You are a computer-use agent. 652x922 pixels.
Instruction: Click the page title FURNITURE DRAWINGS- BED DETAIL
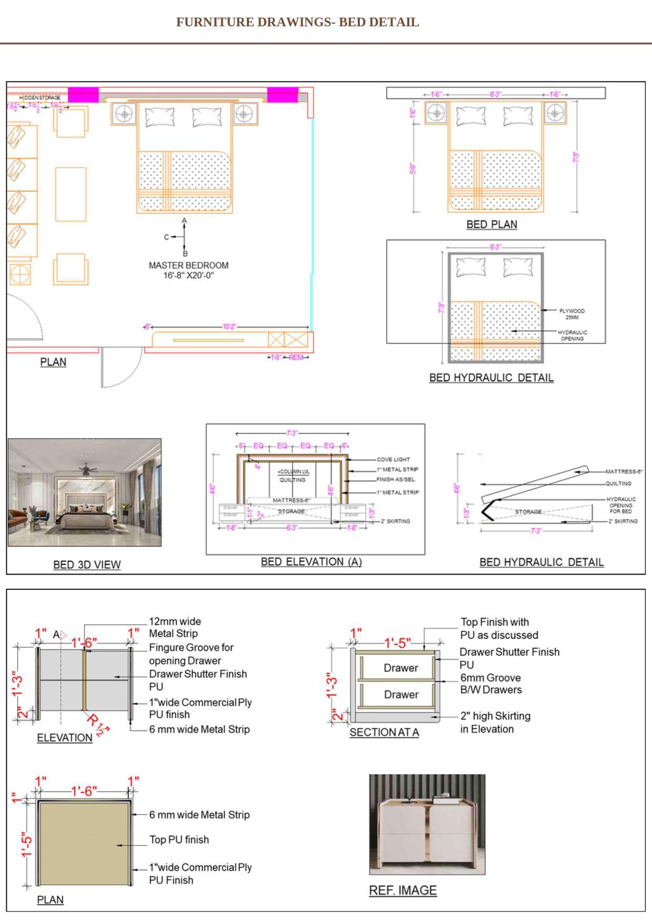point(297,22)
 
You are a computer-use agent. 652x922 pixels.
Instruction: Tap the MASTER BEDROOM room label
point(188,265)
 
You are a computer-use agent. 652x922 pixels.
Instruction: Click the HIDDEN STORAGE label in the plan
point(40,98)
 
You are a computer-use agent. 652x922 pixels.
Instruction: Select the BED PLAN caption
point(491,224)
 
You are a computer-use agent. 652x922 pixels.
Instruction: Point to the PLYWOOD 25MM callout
point(572,314)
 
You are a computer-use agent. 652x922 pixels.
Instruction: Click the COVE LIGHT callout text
point(393,459)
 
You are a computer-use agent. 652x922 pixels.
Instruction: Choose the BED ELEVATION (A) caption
point(311,561)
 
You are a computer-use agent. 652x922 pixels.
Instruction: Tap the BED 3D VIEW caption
point(87,565)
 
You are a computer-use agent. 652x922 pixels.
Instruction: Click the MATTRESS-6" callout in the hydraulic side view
point(624,472)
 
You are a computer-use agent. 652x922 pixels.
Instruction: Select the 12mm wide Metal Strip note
point(174,627)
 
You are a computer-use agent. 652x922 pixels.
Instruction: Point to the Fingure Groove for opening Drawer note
point(191,654)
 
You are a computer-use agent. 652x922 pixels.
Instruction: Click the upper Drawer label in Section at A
point(400,668)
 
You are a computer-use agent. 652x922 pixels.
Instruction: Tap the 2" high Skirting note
point(495,722)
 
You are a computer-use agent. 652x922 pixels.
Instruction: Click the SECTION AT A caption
point(384,732)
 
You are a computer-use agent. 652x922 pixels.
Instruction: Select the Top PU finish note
point(179,839)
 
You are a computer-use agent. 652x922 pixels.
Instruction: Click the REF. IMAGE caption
point(402,890)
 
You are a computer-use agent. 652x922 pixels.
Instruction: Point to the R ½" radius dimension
point(98,724)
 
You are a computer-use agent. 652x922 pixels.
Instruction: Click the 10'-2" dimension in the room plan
point(229,326)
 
